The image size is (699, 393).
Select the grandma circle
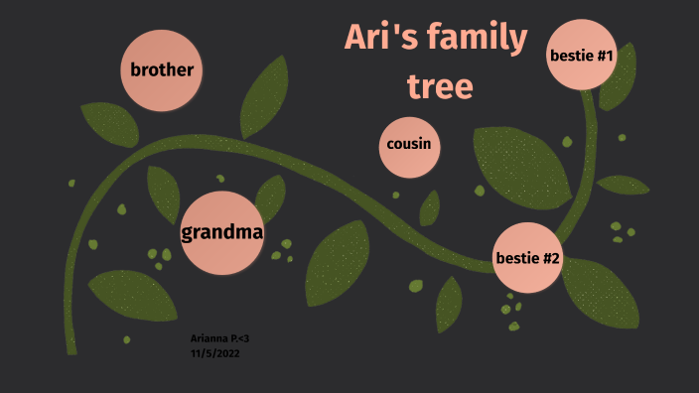(x=222, y=232)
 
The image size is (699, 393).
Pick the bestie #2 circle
(x=527, y=259)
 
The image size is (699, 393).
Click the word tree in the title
(x=439, y=86)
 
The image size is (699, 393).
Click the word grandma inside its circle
(x=222, y=233)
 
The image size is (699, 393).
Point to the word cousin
(x=409, y=145)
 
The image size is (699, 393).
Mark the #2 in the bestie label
(x=549, y=260)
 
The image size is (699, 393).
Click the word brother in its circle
(x=162, y=69)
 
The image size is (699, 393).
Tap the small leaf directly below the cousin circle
(x=430, y=207)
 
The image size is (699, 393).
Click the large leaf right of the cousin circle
(x=521, y=164)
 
